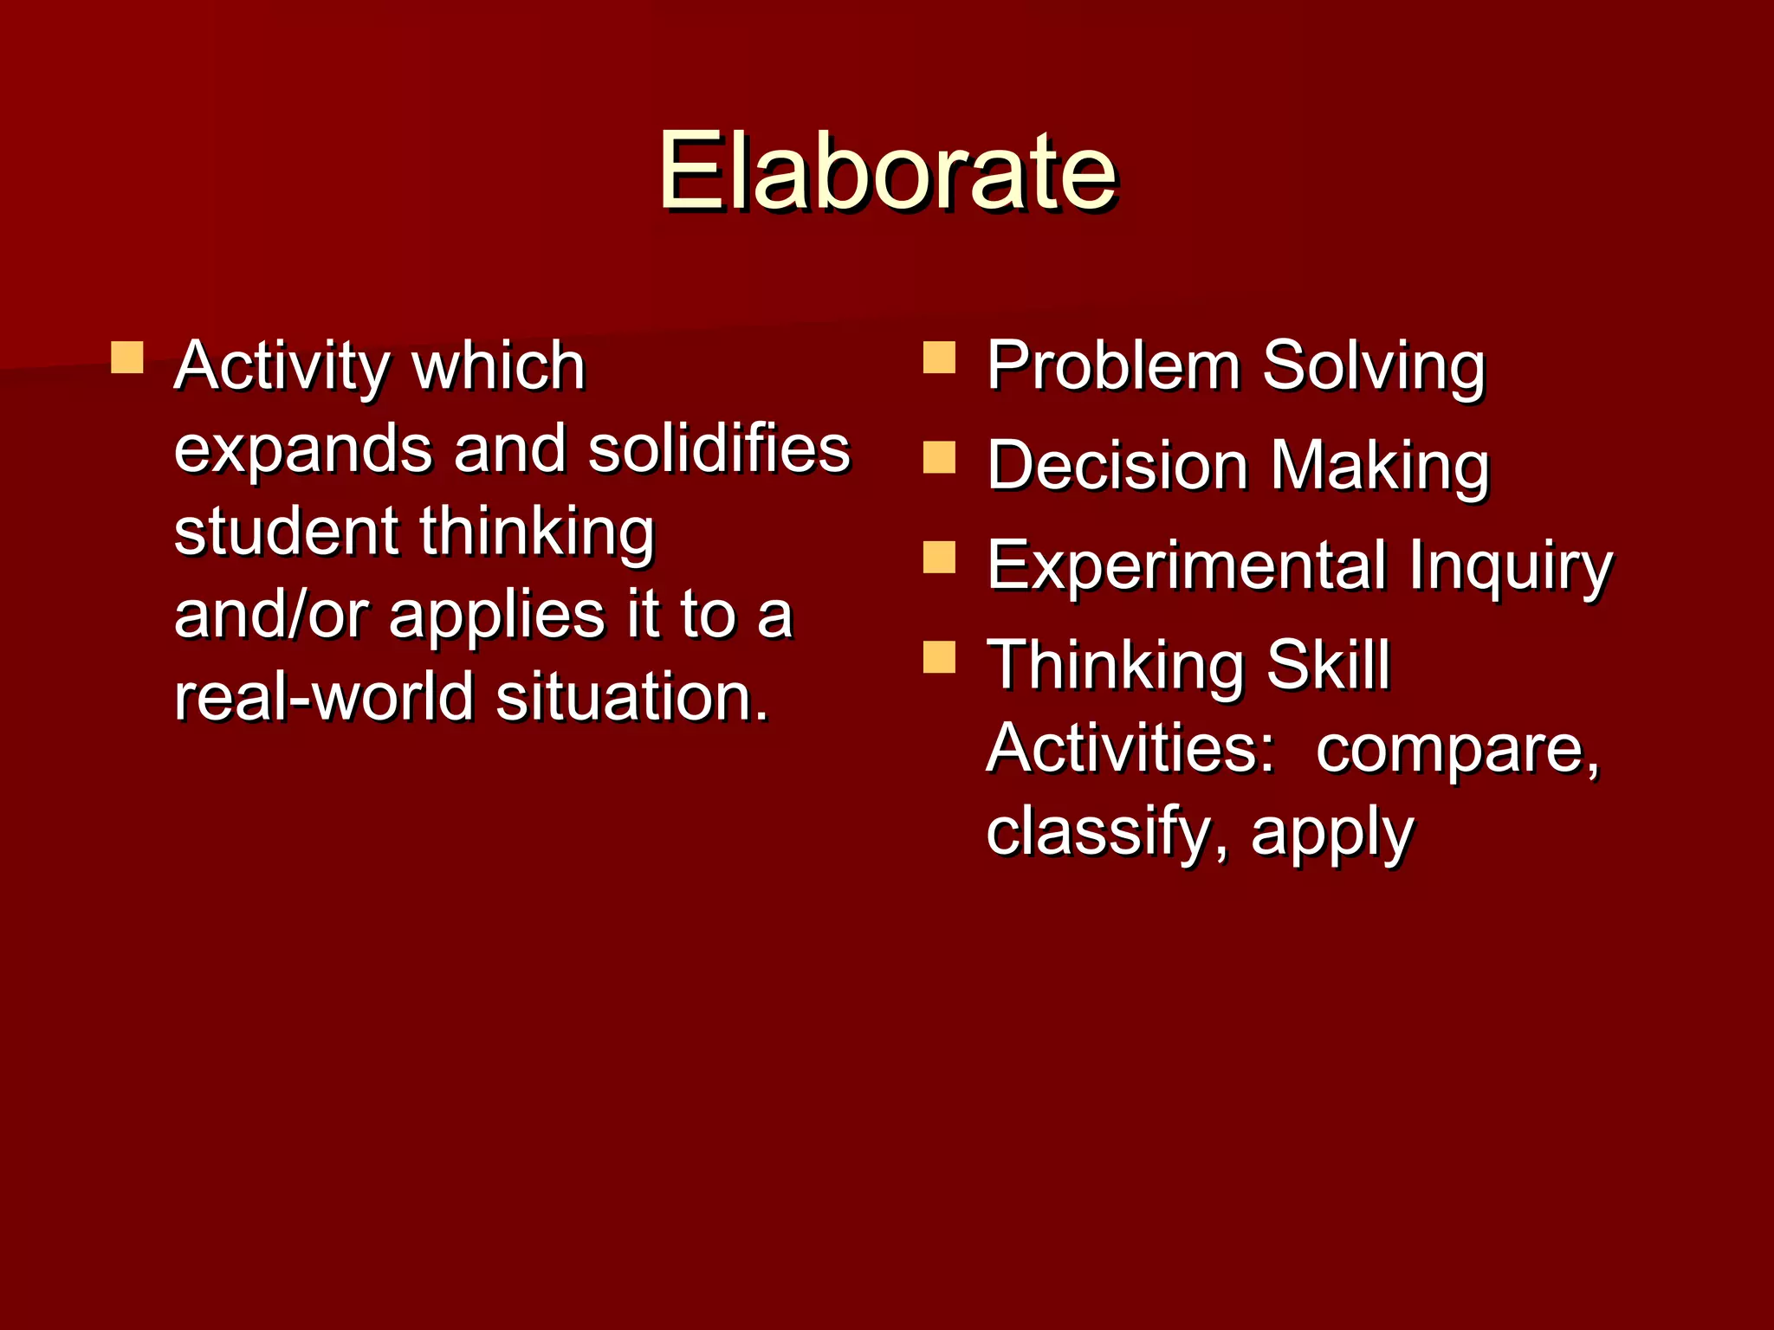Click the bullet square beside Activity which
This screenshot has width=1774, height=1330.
(x=127, y=357)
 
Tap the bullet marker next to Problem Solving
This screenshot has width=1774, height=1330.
(x=939, y=357)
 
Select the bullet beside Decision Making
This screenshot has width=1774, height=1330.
(x=939, y=457)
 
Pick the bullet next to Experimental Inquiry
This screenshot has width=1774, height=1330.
(x=939, y=558)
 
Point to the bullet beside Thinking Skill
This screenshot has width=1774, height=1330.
(x=939, y=657)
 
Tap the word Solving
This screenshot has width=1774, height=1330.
(x=1374, y=367)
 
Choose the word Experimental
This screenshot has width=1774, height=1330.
(x=1187, y=565)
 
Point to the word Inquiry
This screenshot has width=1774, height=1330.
(x=1510, y=567)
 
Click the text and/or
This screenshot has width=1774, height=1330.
(x=272, y=615)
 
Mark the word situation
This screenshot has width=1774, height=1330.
(x=632, y=697)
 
